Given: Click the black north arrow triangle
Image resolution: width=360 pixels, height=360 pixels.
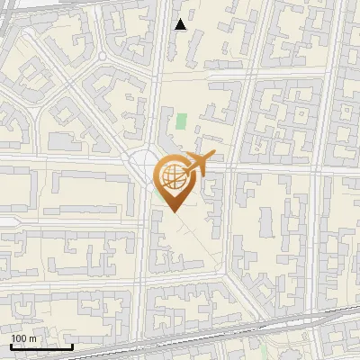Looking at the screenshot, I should [x=181, y=24].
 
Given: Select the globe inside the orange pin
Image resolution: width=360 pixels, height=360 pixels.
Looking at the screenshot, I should [x=173, y=178].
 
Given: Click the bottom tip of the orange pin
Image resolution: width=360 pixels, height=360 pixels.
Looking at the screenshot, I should [x=173, y=212].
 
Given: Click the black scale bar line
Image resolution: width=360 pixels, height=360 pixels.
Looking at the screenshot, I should [x=41, y=346].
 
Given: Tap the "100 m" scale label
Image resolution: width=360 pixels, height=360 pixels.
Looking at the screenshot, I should [x=23, y=338].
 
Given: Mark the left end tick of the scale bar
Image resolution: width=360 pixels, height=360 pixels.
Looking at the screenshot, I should [x=11, y=345].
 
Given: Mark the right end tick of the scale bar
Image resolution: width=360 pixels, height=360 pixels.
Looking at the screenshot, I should [x=72, y=345].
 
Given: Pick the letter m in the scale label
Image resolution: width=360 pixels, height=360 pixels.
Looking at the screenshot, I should [x=32, y=338].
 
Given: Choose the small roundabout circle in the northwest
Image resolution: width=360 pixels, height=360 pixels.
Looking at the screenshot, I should [x=103, y=57].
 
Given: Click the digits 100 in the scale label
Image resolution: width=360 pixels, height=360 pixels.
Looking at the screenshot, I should [x=19, y=338].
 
